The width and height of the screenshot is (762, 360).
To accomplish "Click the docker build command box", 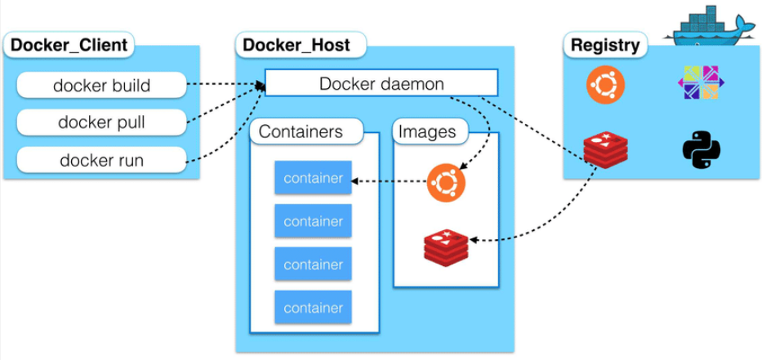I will pos(102,84).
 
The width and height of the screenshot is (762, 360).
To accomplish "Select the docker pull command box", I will pos(102,122).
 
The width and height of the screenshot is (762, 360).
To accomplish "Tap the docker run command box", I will pos(102,159).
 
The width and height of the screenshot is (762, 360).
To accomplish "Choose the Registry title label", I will pos(604,46).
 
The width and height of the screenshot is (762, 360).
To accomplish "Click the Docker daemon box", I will pos(381,83).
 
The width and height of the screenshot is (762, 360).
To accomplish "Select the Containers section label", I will pos(301,131).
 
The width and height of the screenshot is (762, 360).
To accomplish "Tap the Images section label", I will pos(426,131).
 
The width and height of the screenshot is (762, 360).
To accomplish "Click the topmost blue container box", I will pos(313,178).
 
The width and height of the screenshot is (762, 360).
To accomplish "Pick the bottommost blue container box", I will pos(313,308).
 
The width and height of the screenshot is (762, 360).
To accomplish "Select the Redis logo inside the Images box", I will pos(446,247).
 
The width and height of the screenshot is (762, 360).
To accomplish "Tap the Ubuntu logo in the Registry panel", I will pos(605,85).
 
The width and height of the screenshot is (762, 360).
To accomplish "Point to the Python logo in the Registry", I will pos(700,152).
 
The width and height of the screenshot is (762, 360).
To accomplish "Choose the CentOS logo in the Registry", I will pos(700,85).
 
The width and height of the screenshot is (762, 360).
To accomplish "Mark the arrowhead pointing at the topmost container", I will pos(357,180).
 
